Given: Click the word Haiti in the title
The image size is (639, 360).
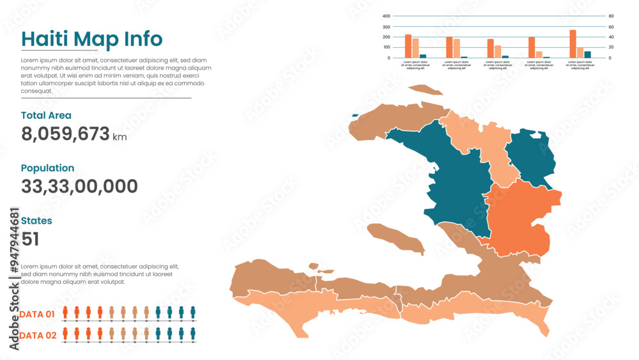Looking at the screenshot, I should [45, 39].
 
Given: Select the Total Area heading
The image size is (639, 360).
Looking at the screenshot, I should [46, 116].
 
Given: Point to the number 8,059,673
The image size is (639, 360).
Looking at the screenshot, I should [65, 134].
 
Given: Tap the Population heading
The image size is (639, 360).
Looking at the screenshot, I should [47, 168].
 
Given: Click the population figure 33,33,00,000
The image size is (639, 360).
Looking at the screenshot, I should [79, 187].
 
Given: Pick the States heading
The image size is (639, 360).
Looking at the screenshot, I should [36, 221].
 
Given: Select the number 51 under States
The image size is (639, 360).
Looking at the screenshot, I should [30, 239].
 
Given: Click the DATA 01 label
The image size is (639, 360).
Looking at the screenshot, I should [37, 314].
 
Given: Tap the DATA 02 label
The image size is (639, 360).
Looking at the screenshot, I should [37, 335].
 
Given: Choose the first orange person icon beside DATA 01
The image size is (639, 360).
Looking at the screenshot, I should [65, 312].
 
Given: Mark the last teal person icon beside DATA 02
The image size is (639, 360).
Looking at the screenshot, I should [193, 333].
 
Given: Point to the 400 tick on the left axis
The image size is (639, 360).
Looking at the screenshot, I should [386, 17].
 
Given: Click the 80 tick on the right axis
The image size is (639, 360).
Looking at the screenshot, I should [610, 17].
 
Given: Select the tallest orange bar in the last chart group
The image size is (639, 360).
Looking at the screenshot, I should [573, 44].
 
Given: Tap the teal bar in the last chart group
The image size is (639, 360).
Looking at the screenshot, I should [587, 54].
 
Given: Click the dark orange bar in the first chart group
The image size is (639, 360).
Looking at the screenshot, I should [408, 47].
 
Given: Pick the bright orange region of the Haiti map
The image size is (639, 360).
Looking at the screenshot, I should [521, 217].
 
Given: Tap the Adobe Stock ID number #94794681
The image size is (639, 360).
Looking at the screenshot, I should [14, 242].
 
